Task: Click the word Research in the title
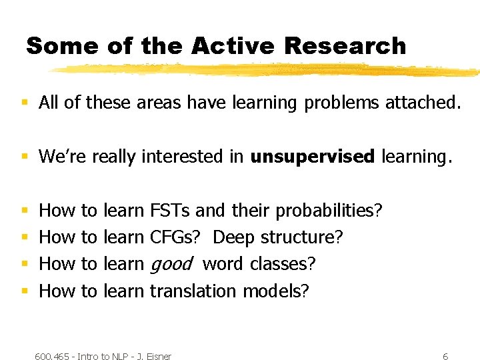coord(345,46)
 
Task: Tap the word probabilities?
coord(329,211)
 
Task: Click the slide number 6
coord(445,357)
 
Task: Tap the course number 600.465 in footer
coord(53,357)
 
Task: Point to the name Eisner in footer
coord(158,357)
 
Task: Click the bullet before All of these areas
coord(25,103)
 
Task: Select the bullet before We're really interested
coord(25,157)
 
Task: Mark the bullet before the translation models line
coord(25,291)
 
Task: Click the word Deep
coord(234,237)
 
